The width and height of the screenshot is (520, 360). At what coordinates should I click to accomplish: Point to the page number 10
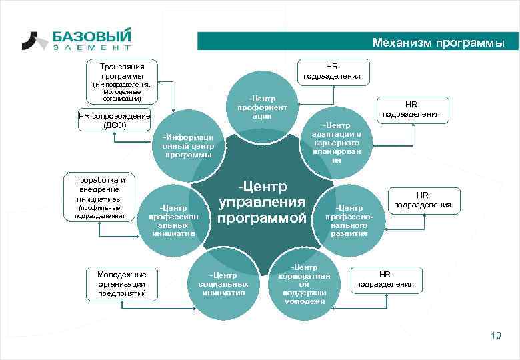tap(495, 335)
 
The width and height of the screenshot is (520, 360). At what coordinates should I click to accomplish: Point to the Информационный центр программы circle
tap(188, 145)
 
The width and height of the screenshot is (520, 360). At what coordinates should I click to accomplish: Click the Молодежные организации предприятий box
tap(122, 283)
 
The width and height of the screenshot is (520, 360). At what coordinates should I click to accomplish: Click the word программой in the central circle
tap(262, 218)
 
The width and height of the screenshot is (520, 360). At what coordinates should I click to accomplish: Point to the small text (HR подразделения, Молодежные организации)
tap(122, 91)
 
